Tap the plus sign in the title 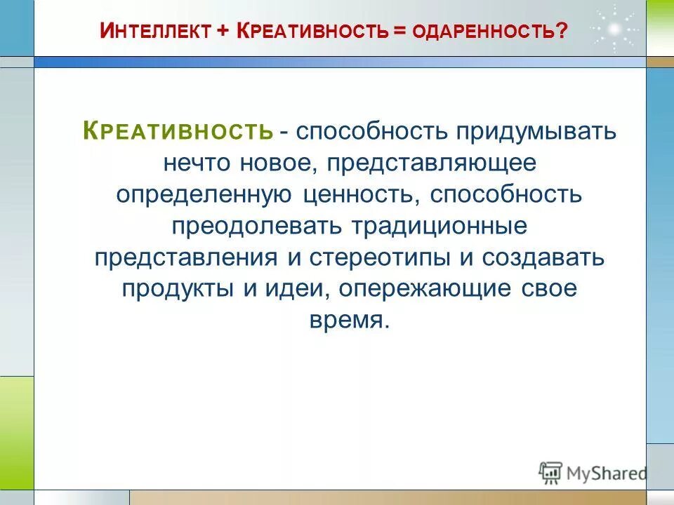point(223,32)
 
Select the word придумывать point(527,131)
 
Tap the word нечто point(198,162)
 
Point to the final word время point(348,320)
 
